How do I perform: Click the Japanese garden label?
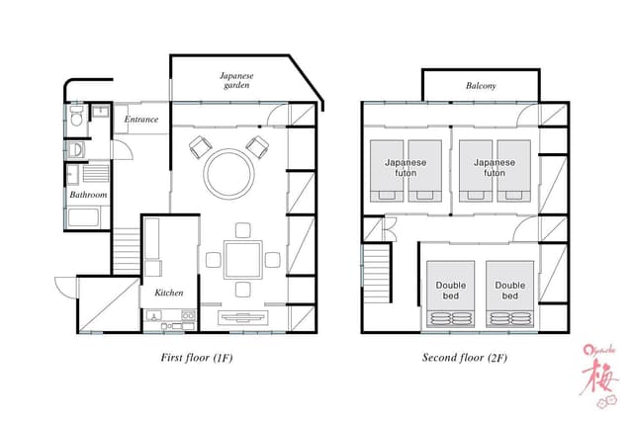coord(236,80)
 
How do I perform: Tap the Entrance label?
coord(141,119)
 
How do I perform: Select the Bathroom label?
coord(88,195)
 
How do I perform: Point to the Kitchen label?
coord(169,293)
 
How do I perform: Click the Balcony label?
coord(481,86)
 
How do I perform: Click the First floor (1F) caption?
coord(197,358)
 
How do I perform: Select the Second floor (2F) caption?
coord(465,358)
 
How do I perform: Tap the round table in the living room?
coord(229,174)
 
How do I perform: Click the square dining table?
coord(243,260)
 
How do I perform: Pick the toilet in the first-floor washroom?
coord(76,116)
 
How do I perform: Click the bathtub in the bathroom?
coord(83,217)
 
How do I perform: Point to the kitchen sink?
coord(153,315)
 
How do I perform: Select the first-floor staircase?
coord(127,251)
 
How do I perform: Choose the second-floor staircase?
coord(377,274)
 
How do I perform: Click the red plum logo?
coord(600,376)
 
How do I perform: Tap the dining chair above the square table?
coord(243,230)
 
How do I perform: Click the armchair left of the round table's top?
coord(200,147)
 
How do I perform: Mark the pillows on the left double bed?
coord(451,318)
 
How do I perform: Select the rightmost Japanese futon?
coord(514,171)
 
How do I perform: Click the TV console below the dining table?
coord(242,318)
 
